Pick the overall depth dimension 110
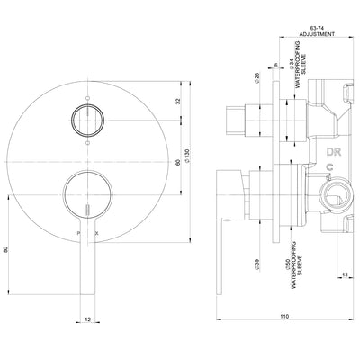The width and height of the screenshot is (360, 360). [x=284, y=318]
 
